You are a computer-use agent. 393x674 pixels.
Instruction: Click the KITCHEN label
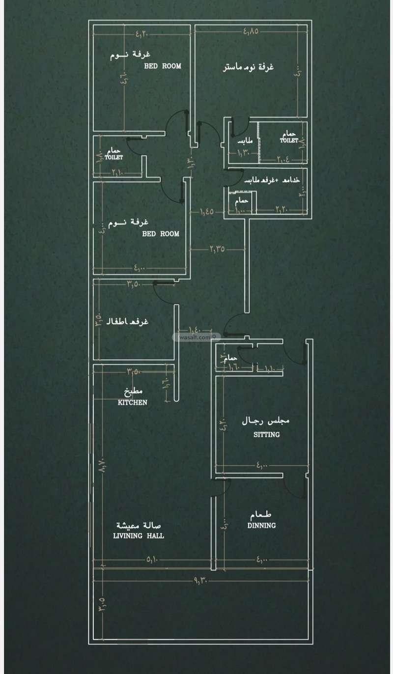[133, 402]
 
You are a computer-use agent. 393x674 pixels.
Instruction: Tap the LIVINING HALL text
[139, 536]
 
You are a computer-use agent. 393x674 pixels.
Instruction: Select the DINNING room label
[261, 525]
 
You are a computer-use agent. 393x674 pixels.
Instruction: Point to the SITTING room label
[267, 434]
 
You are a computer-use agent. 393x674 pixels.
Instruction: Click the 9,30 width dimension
[202, 581]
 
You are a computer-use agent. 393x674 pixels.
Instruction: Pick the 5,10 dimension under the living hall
[152, 559]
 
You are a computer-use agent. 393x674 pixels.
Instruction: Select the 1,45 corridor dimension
[206, 212]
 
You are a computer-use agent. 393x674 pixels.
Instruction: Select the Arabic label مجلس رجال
[266, 421]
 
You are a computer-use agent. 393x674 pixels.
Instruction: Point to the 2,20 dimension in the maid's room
[283, 210]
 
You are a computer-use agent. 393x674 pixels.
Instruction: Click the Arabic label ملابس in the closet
[245, 141]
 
